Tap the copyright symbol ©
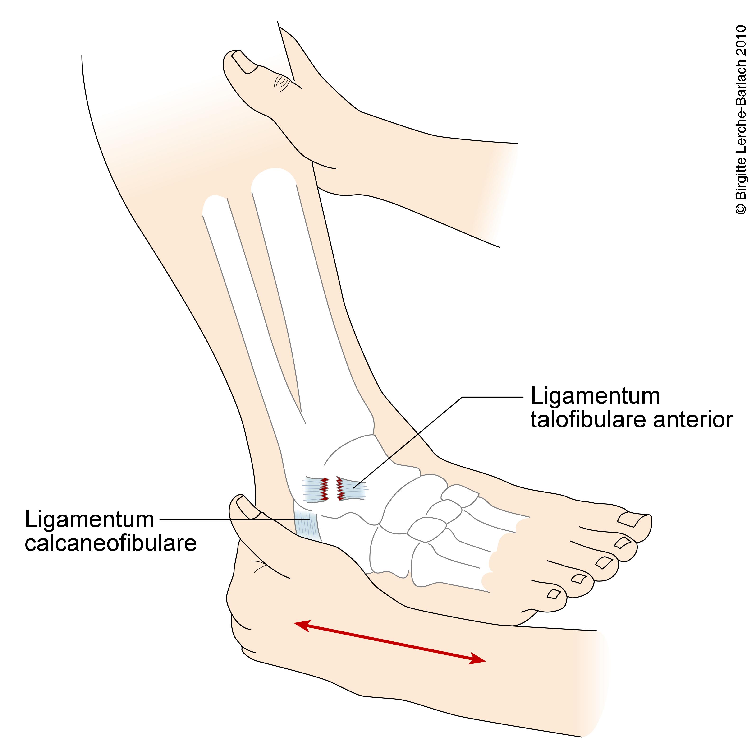click(741, 209)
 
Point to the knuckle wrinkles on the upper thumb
click(280, 82)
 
